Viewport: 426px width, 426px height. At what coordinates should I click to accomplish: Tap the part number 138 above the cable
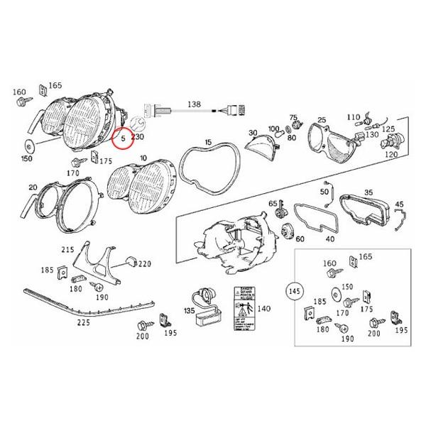click(x=194, y=104)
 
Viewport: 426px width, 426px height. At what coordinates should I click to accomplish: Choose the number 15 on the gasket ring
click(x=207, y=143)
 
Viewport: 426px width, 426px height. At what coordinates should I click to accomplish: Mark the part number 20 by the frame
click(x=32, y=187)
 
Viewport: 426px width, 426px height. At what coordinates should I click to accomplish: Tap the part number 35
click(x=368, y=192)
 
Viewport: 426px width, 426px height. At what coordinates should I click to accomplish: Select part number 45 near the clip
click(x=398, y=205)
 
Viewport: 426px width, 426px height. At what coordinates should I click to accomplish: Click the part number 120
click(x=390, y=154)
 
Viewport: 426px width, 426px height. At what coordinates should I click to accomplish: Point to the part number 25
click(x=321, y=121)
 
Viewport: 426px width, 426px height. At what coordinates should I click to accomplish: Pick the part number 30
click(x=252, y=133)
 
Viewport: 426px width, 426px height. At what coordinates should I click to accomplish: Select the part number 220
click(x=145, y=263)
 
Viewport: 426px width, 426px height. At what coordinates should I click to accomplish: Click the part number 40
click(x=329, y=239)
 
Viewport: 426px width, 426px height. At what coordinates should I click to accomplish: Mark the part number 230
click(x=138, y=136)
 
